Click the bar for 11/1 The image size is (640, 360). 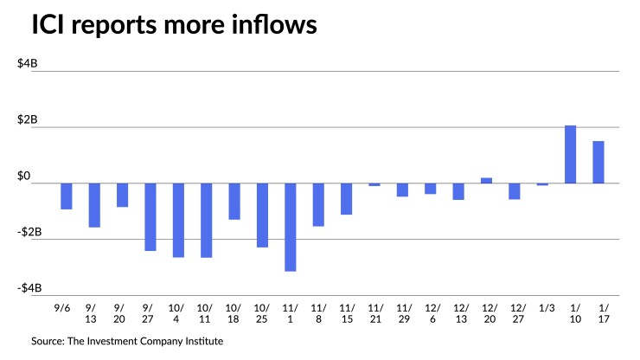coord(290,227)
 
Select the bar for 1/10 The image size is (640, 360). coord(570,154)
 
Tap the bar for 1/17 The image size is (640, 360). coord(598,162)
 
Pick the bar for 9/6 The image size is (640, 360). coord(66,196)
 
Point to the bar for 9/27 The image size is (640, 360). coord(150,216)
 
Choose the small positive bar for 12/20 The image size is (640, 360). coord(486,180)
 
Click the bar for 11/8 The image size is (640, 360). coord(318,204)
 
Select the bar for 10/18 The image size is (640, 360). coord(234,201)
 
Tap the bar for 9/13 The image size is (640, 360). coord(94,205)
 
